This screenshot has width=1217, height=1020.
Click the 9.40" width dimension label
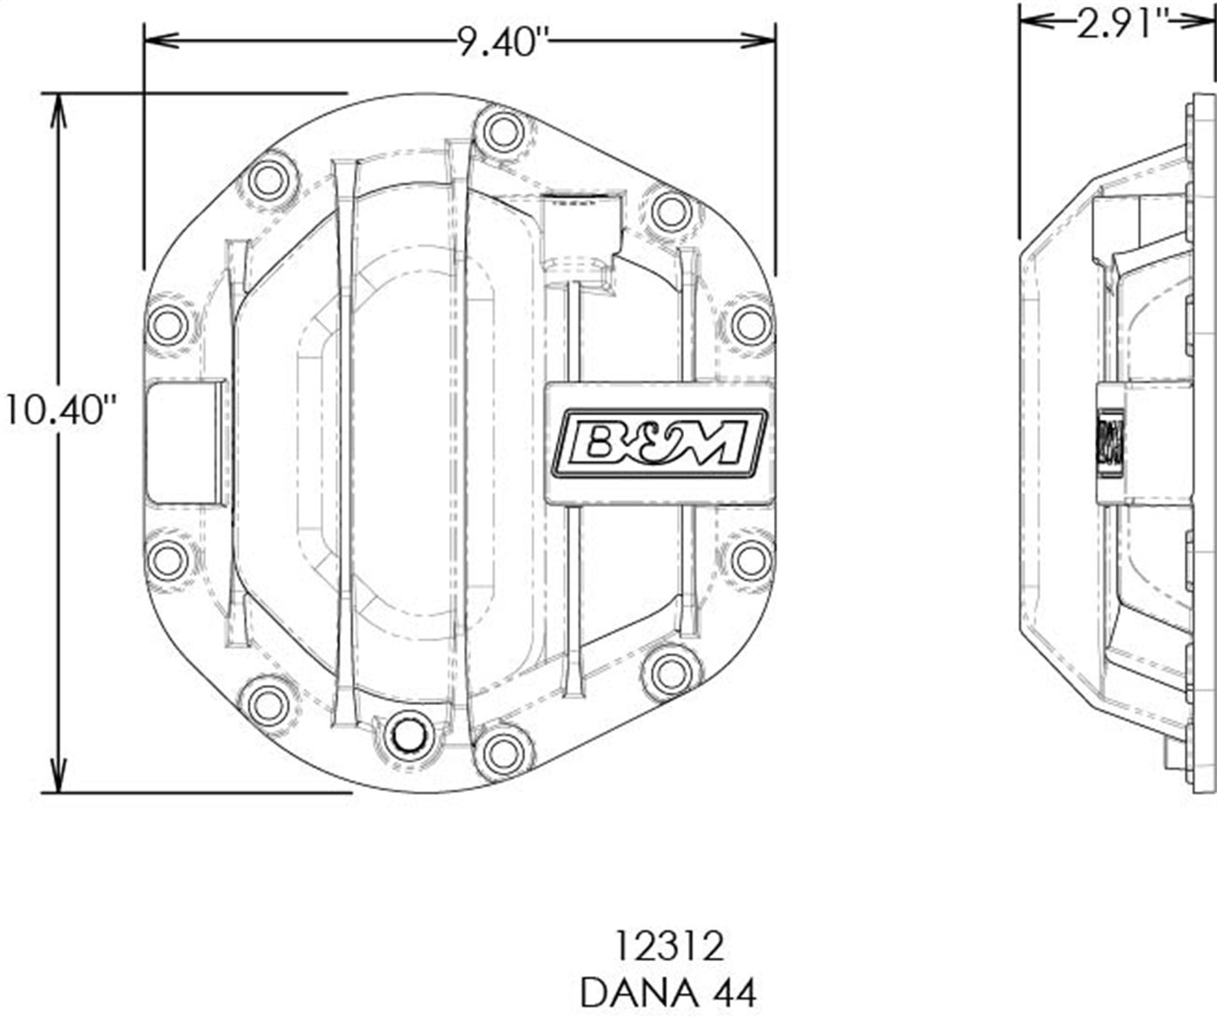pyautogui.click(x=497, y=42)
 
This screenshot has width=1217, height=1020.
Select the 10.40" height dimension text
pyautogui.click(x=60, y=410)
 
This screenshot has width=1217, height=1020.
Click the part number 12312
pyautogui.click(x=668, y=947)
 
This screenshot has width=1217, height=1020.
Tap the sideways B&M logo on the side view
pyautogui.click(x=1109, y=442)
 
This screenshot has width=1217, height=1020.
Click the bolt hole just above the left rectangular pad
pyautogui.click(x=168, y=325)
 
